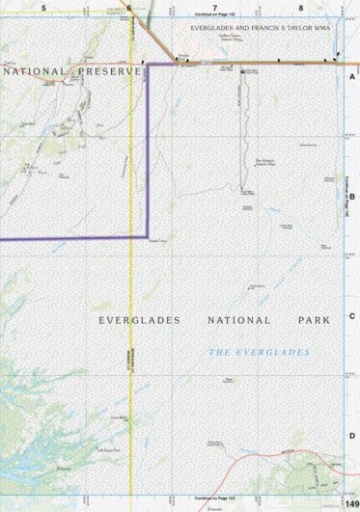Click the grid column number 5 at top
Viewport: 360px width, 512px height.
pos(43,7)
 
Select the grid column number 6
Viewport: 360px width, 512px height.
pos(128,7)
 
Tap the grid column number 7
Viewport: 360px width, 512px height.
pos(214,7)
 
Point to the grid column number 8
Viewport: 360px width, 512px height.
pos(300,7)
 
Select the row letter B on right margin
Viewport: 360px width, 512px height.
pos(352,196)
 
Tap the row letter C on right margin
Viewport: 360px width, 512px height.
pos(352,316)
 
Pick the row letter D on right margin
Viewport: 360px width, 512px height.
pos(352,436)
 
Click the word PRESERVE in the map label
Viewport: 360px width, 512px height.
pos(101,71)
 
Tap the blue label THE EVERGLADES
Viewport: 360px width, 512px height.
pos(260,353)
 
